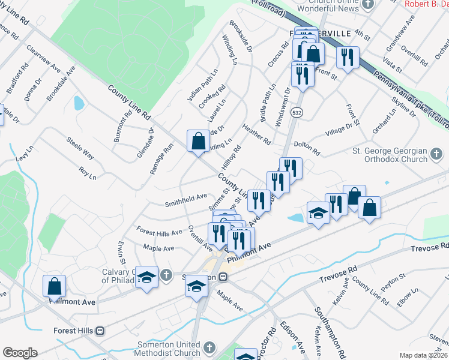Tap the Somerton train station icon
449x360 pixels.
tap(222, 277)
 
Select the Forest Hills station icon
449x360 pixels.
tap(100, 331)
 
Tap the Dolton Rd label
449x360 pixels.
tap(307, 145)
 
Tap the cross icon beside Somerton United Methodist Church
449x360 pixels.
tap(209, 348)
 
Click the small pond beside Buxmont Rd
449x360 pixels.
tap(79, 103)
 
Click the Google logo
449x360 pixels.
tap(20, 353)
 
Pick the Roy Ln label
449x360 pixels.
tap(87, 175)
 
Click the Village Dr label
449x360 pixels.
tap(339, 129)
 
